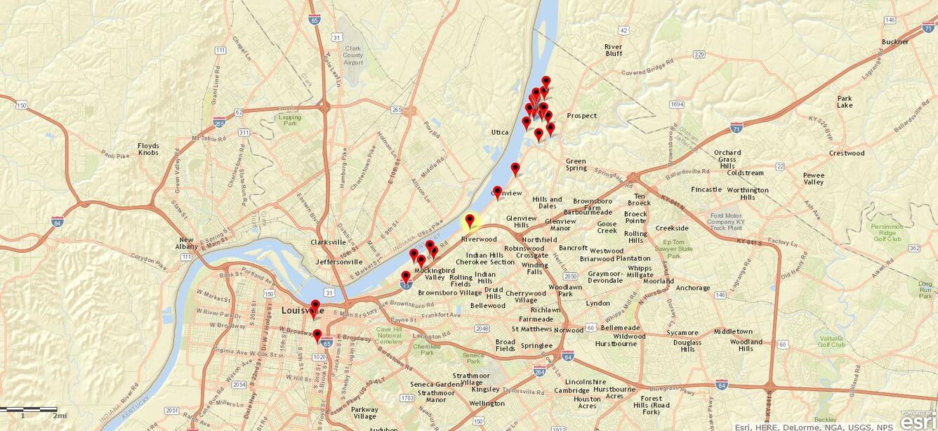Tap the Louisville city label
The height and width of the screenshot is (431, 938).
tap(302, 310)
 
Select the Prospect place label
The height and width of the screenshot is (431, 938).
tap(581, 116)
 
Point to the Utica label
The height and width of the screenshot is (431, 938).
tap(499, 132)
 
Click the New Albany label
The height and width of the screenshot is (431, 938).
tap(186, 244)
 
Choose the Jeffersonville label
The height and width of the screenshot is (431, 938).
tap(339, 262)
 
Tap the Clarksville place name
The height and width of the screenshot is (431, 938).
tap(328, 242)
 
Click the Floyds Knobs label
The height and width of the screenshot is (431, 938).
tap(148, 149)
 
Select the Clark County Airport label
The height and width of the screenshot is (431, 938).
tap(354, 55)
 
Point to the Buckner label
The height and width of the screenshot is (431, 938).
tap(895, 41)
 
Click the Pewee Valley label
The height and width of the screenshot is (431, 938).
tap(814, 178)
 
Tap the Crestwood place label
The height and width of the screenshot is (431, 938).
tap(846, 153)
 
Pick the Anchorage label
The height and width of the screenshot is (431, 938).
tap(693, 288)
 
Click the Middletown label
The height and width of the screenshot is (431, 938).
tap(733, 331)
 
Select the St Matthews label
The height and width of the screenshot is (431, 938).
tap(531, 329)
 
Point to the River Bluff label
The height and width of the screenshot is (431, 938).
tap(613, 50)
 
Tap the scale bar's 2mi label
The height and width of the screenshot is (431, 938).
tap(59, 416)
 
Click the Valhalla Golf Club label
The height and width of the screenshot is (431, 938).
tap(831, 340)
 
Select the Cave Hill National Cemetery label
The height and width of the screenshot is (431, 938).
tap(389, 335)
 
